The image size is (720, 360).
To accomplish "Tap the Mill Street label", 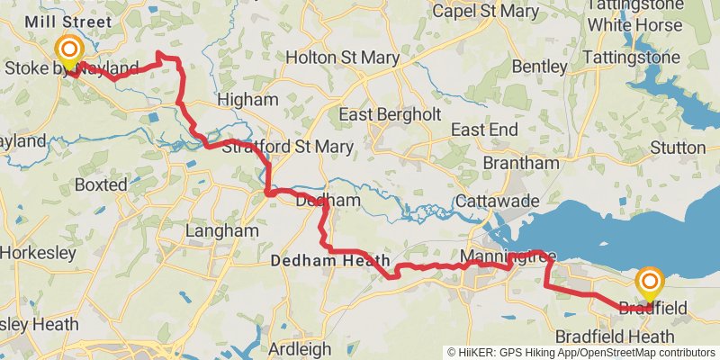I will [69, 22].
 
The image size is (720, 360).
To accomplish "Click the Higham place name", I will [244, 99].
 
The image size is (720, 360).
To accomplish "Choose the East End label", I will [484, 130].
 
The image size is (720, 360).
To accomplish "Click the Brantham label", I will [520, 163].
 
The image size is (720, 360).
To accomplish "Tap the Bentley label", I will [540, 67].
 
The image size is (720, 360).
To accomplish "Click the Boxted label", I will [101, 184].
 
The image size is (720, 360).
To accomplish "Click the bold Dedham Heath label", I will [330, 261].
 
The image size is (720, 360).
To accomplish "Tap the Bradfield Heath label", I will [614, 336].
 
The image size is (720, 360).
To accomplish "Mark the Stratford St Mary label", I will [271, 147].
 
